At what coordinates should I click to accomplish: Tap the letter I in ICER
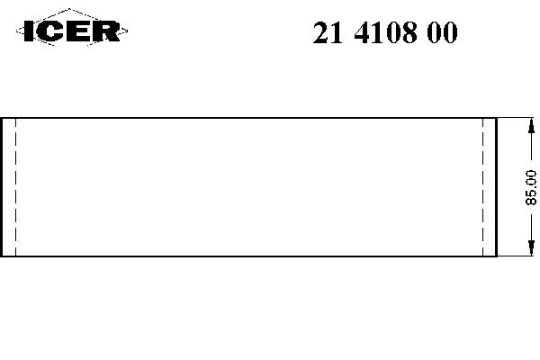[29, 32]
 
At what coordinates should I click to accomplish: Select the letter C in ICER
[50, 32]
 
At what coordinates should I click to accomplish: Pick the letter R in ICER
[105, 32]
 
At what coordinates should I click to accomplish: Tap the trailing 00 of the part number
[444, 33]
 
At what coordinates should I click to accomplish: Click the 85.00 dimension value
[531, 188]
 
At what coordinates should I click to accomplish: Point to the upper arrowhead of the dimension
[527, 124]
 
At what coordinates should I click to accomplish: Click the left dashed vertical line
[16, 186]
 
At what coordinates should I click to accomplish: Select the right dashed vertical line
[484, 186]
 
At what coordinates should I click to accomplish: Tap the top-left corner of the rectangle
[2, 117]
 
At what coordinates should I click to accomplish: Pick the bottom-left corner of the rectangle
[2, 256]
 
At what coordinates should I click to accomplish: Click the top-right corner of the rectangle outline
[497, 117]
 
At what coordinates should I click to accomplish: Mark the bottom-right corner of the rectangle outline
[497, 256]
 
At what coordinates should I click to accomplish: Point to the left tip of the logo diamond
[17, 32]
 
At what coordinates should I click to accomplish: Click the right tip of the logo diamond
[128, 32]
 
